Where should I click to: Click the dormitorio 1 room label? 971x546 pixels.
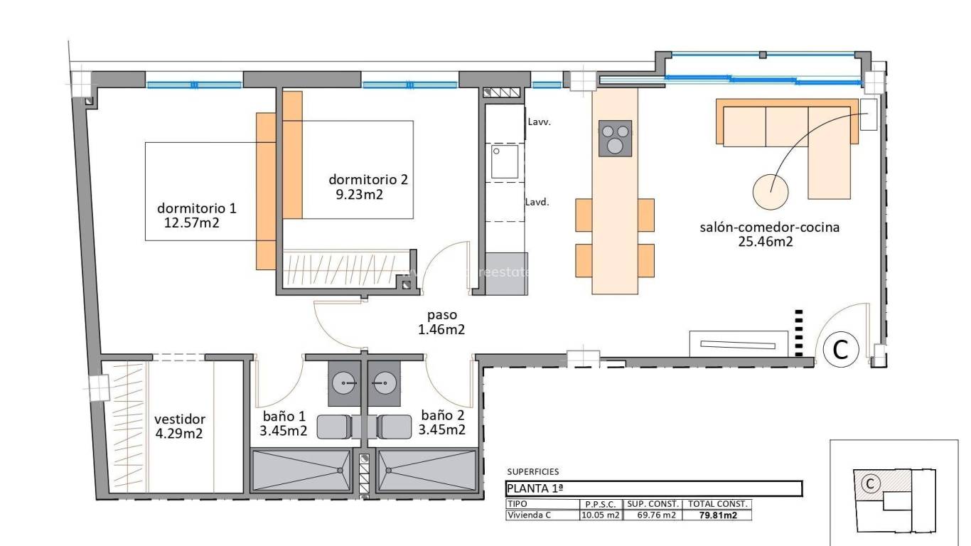tap(196, 208)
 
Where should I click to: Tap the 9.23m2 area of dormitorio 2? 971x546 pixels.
tap(359, 194)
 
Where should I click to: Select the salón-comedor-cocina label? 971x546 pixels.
tap(770, 227)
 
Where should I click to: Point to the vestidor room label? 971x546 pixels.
tap(180, 419)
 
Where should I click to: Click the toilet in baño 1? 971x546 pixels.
tap(334, 427)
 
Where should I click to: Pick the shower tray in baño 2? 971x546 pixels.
tap(427, 470)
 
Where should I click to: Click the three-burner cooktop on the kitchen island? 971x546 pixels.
tap(616, 138)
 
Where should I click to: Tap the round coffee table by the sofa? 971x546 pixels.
tap(771, 191)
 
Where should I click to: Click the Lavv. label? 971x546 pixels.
tap(540, 122)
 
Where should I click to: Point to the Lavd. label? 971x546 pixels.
tap(537, 202)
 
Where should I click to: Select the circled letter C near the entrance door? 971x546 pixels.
tap(841, 349)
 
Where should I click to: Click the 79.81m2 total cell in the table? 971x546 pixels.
tap(717, 515)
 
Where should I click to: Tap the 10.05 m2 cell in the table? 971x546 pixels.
tap(601, 515)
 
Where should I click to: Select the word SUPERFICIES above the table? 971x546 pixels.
tap(532, 471)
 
